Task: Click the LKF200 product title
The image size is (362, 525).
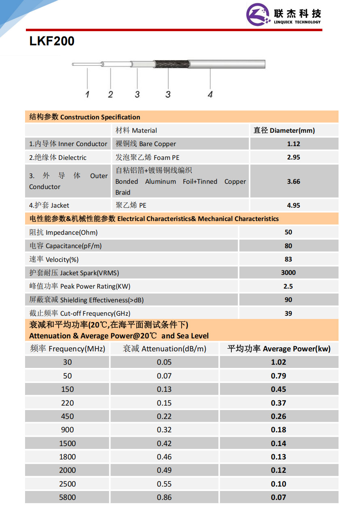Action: pos(52,41)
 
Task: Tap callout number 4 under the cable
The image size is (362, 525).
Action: pos(210,94)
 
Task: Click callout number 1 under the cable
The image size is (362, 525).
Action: pos(87,94)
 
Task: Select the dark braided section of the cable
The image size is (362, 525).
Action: pos(170,64)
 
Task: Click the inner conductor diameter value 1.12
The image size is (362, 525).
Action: pos(293,144)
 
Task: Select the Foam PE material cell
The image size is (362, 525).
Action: pos(147,157)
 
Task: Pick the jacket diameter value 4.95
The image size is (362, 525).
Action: pos(293,205)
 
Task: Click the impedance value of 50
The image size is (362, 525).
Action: pos(288,232)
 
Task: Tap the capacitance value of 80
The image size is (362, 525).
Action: pos(288,246)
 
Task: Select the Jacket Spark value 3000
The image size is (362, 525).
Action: pos(288,272)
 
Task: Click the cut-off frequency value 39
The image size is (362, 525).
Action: pos(288,313)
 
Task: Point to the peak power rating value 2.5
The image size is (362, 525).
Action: pos(288,286)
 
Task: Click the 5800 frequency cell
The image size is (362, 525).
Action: pos(67,497)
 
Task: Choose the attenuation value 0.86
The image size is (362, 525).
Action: pos(164,497)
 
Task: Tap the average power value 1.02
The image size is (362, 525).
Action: pos(279,362)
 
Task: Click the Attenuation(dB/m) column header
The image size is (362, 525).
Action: pos(165,349)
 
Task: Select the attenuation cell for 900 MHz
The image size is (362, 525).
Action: pos(164,429)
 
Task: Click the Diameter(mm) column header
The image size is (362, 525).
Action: pos(284,130)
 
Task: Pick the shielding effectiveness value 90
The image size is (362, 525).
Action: pos(288,300)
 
